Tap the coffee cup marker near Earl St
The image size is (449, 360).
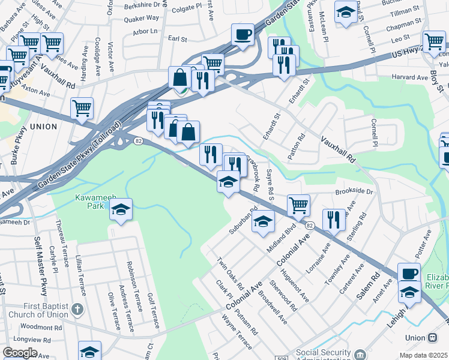click(x=243, y=34)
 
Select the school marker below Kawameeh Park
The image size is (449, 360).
click(x=121, y=210)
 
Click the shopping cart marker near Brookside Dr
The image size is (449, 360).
click(x=298, y=206)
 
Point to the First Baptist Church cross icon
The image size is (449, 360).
click(x=76, y=310)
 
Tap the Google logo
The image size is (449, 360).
click(x=20, y=353)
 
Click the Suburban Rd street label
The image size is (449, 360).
click(x=243, y=222)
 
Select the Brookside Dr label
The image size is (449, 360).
click(x=354, y=192)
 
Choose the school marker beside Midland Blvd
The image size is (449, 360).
click(x=263, y=221)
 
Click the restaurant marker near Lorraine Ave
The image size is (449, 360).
click(x=333, y=220)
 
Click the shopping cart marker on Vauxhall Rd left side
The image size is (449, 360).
click(x=82, y=109)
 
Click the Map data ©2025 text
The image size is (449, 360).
click(x=424, y=355)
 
